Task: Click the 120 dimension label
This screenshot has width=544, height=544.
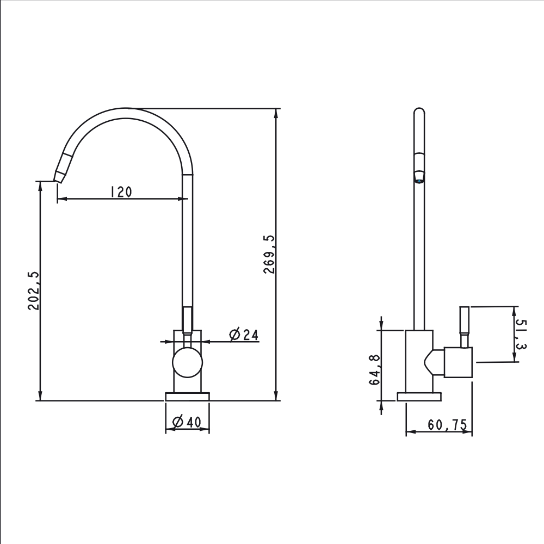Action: pos(121,191)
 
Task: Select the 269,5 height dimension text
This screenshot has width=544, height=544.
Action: pos(269,255)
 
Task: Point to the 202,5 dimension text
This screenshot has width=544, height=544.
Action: pos(33,290)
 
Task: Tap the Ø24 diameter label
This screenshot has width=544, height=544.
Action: pos(243,335)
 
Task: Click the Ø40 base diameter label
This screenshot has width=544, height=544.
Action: pos(187,422)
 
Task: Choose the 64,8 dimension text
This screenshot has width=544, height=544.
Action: pos(375,369)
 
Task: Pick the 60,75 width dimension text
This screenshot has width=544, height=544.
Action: pos(448,425)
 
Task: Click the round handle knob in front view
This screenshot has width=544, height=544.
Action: pos(187,363)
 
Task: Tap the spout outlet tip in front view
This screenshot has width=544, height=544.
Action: pos(58,177)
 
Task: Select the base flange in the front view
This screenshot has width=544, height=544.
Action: pos(187,397)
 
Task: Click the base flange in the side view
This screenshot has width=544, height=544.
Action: pos(419,397)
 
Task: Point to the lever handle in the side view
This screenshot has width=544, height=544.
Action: pos(466,326)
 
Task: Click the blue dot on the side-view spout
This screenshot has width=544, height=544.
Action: pos(418,181)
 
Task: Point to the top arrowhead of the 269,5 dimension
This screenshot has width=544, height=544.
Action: pos(277,113)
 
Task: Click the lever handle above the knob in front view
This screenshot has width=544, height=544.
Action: pos(187,319)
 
